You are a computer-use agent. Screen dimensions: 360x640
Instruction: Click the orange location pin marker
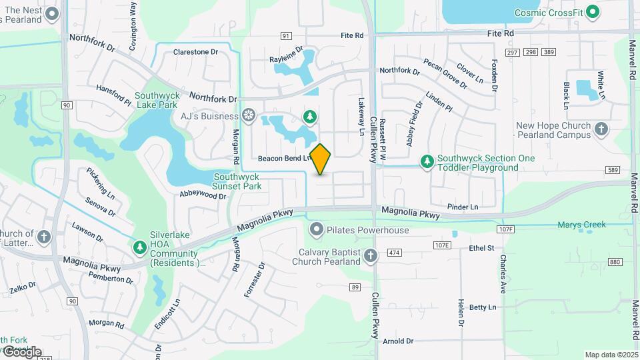coord(321,159)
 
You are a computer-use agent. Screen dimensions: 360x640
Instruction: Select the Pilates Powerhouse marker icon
coord(316,230)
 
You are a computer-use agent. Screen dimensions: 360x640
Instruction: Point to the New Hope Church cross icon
coord(601,129)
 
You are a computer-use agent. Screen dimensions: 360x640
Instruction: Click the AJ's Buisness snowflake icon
coord(249,116)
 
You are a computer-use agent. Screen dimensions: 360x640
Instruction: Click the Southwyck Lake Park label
coord(157,100)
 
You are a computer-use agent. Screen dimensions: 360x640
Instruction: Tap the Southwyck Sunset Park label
coord(237,181)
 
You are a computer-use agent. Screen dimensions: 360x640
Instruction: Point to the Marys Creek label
coord(581,225)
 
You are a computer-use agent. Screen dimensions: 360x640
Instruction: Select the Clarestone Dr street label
coord(195,51)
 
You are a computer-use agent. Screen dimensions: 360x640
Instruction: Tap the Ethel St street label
coord(481,248)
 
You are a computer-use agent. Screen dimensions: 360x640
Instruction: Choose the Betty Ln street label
coord(483,307)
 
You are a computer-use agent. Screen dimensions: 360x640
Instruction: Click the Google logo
coord(22,352)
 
